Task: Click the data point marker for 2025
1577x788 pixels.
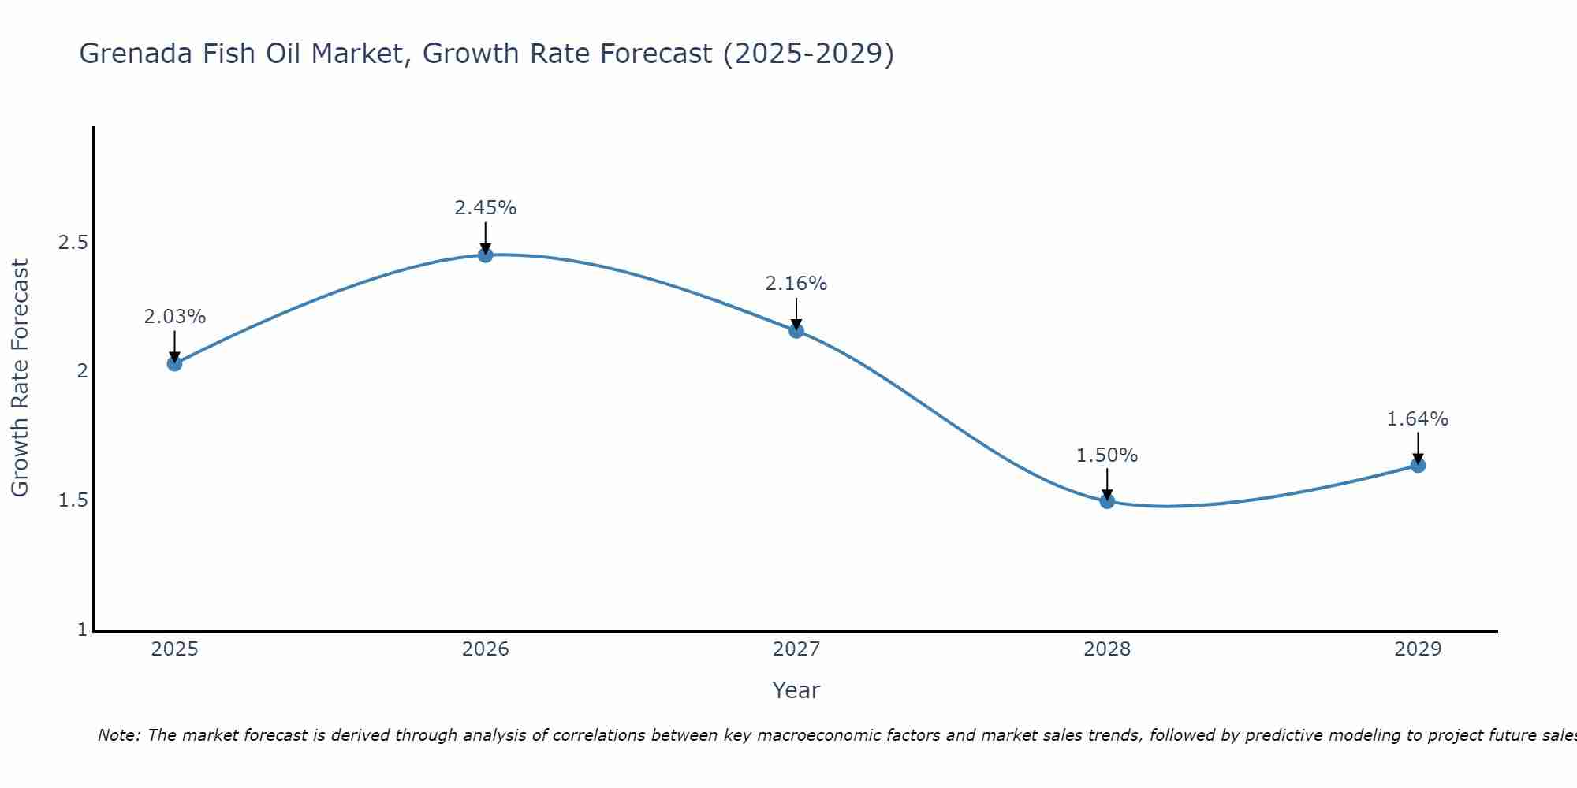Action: [x=174, y=363]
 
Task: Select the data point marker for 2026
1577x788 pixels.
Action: [x=486, y=255]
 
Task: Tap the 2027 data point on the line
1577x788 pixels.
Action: [x=796, y=330]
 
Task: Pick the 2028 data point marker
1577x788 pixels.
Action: [x=1107, y=501]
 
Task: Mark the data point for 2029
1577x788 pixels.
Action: [x=1418, y=465]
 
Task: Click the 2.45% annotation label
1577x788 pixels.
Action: [x=486, y=208]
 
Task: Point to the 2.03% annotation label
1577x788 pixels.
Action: [x=174, y=317]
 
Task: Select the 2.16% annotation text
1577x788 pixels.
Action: [x=796, y=284]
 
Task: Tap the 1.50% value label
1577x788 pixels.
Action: [x=1107, y=455]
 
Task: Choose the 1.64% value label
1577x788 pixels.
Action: [x=1418, y=419]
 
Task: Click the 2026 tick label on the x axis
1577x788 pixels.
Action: [x=486, y=649]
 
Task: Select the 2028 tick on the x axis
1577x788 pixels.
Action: [x=1107, y=649]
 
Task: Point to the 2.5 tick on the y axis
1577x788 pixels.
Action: [x=73, y=242]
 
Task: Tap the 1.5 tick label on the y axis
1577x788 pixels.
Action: [x=73, y=500]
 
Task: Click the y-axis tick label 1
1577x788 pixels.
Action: [x=82, y=630]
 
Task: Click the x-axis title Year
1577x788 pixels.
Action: [x=796, y=690]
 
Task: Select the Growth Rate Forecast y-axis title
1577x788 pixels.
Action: [x=21, y=378]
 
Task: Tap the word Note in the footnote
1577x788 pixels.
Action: [x=118, y=735]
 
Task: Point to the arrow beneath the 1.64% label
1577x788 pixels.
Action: [x=1418, y=448]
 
